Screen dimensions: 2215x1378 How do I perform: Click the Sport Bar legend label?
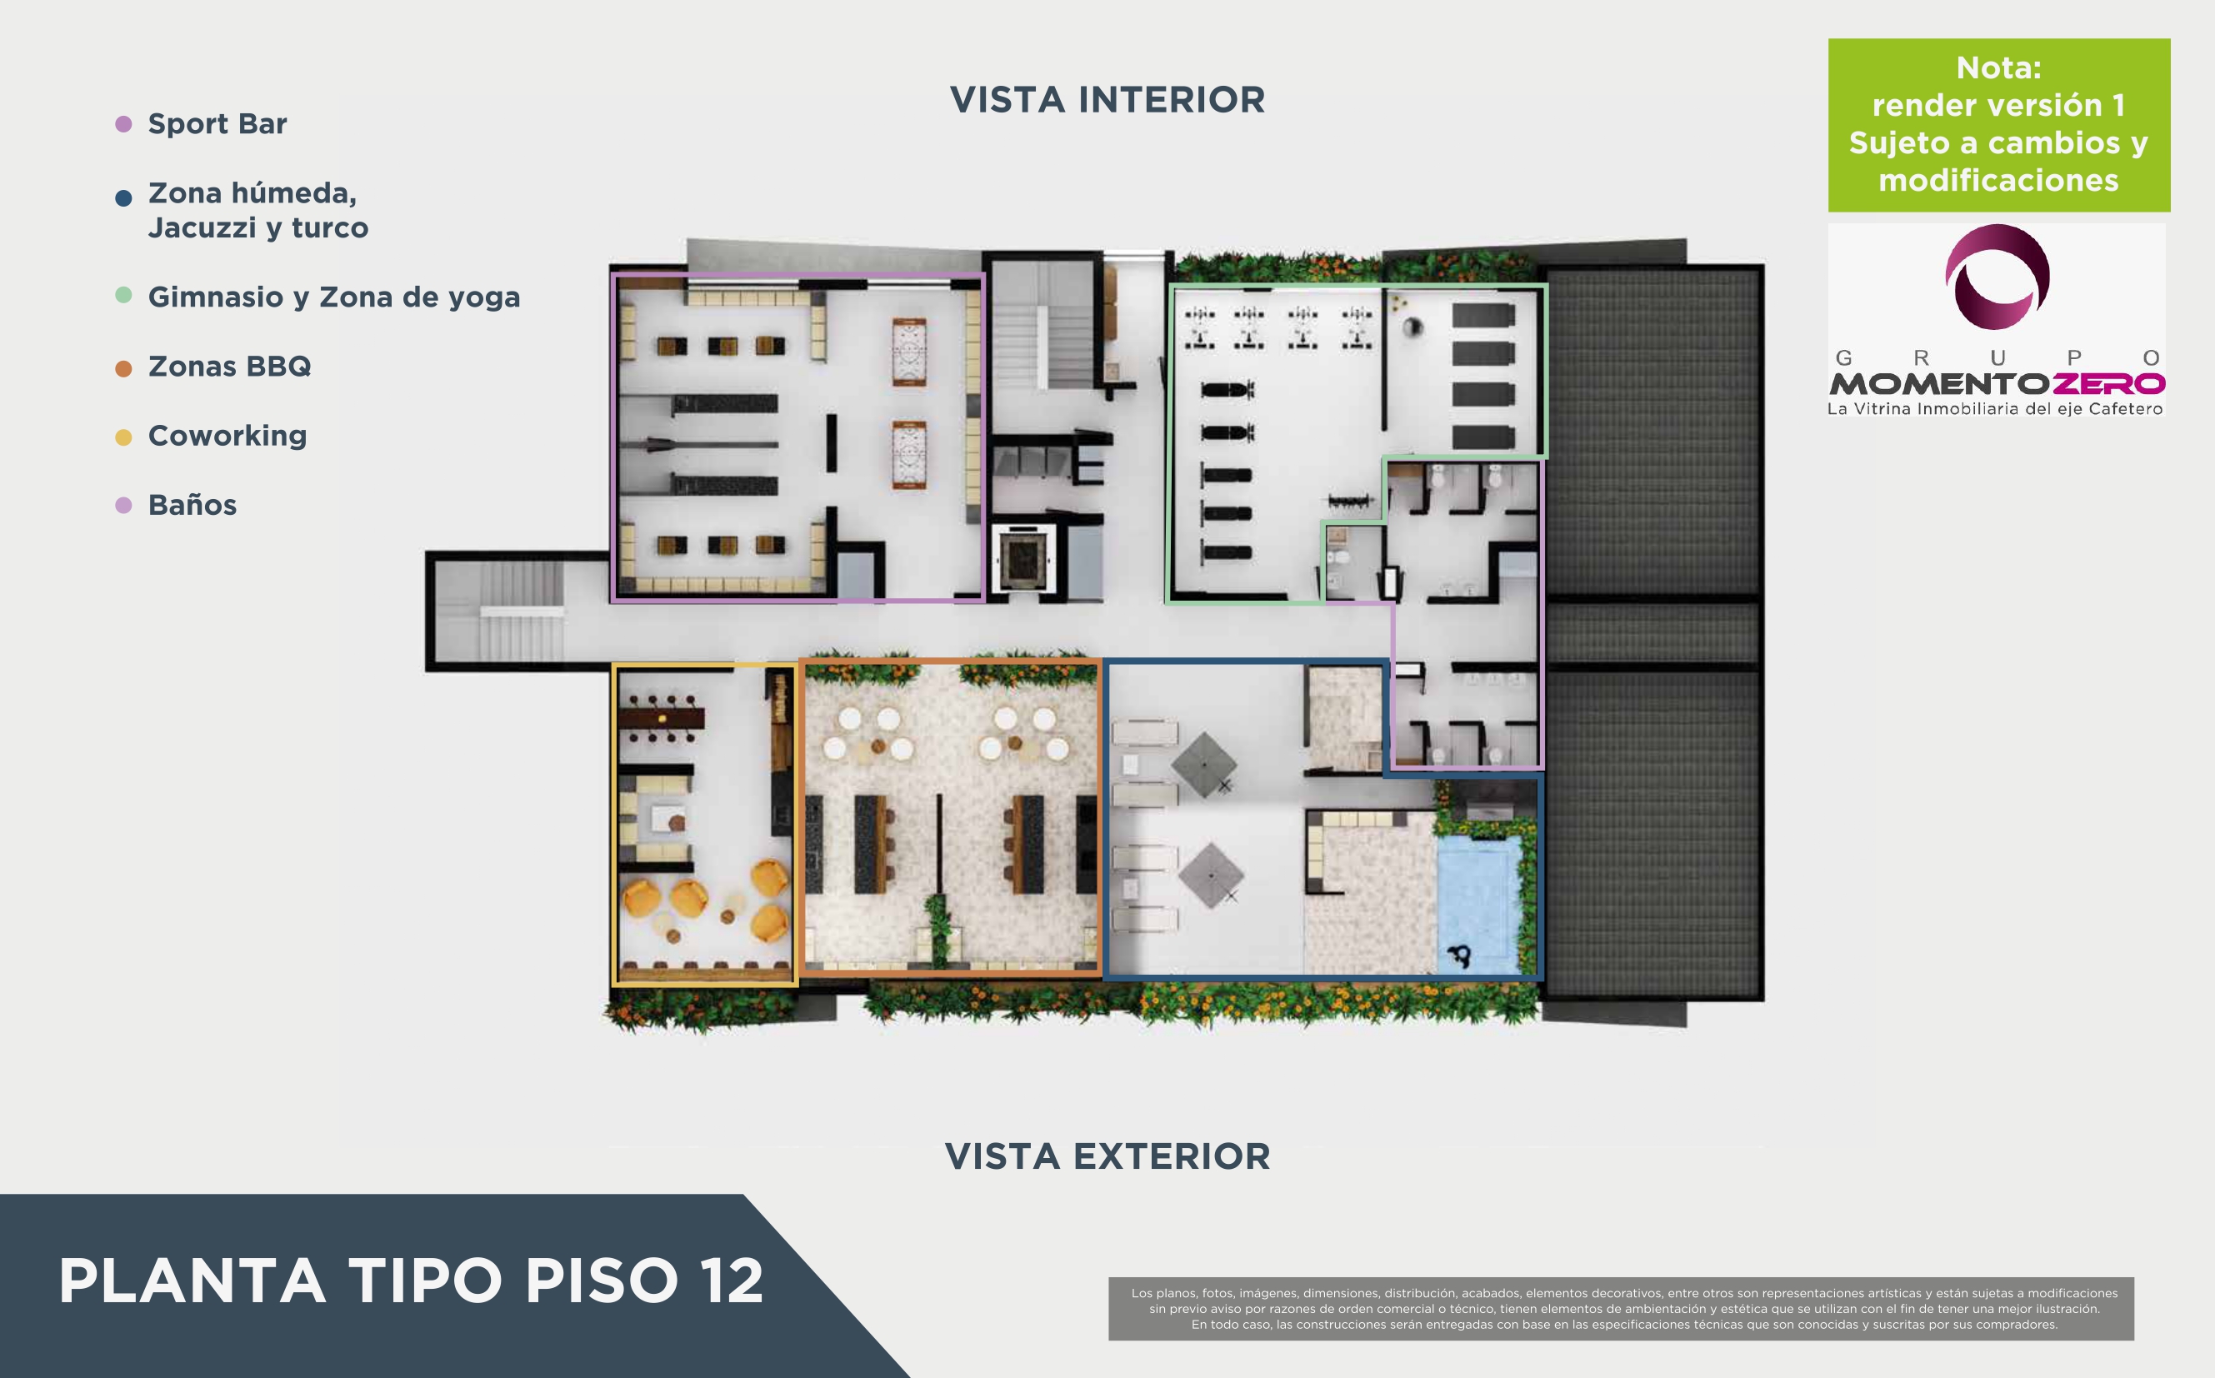tap(217, 123)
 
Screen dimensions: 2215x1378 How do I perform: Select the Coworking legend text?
tap(227, 436)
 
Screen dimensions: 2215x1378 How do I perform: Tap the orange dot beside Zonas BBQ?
tap(124, 368)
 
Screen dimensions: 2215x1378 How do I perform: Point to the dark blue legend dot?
tap(124, 197)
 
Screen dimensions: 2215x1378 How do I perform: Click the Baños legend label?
tap(192, 505)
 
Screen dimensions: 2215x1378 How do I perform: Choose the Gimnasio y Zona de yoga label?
tap(333, 297)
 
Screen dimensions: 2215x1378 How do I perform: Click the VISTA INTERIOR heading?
tap(1107, 100)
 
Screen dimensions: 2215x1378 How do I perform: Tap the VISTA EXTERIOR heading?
tap(1107, 1156)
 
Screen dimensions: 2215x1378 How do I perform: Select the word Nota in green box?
tap(1998, 67)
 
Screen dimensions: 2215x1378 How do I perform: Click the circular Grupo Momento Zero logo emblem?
tap(1997, 276)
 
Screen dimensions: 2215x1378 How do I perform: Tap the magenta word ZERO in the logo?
tap(2107, 384)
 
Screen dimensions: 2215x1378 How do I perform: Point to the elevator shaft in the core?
tap(1022, 557)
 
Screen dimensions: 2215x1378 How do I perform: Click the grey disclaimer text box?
tap(1621, 1308)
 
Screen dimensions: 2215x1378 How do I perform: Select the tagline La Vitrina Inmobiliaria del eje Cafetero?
tap(1994, 409)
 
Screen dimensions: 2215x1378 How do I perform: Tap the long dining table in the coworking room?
tap(661, 718)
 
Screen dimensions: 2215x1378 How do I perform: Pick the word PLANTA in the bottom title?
tap(192, 1281)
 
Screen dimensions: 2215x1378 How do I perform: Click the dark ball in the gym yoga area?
tap(1414, 327)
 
